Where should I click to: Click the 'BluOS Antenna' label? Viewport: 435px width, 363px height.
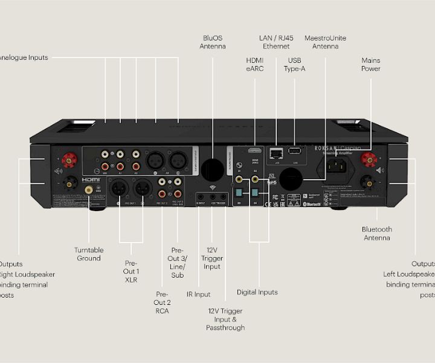coord(213,42)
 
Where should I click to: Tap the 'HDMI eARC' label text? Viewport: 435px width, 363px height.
coord(254,65)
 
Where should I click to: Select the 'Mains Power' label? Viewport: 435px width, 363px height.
coord(370,65)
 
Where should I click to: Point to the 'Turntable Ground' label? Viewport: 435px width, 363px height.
coord(89,254)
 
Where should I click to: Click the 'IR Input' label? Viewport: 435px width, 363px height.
coord(198,295)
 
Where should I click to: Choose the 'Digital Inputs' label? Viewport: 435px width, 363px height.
coord(257,292)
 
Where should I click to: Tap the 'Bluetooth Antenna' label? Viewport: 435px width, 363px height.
coord(376,234)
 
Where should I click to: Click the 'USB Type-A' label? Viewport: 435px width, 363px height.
coord(294,65)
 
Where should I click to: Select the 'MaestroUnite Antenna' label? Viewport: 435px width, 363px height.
coord(326,42)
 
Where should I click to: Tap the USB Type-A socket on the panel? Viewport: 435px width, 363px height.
coord(295,151)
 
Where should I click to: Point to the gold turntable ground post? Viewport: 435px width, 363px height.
coord(89,189)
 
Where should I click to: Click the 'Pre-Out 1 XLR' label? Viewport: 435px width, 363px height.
coord(131,272)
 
